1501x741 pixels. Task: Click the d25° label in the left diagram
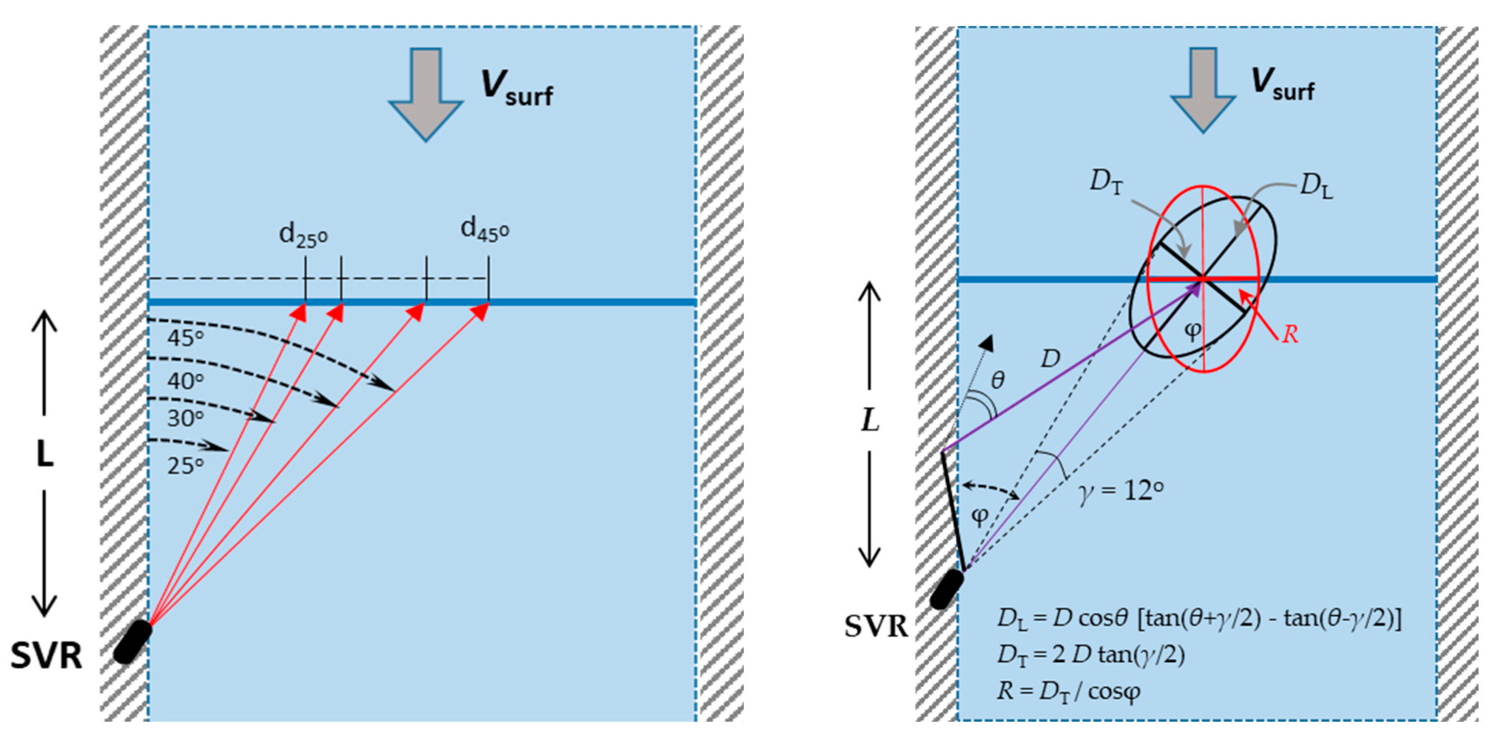(x=303, y=235)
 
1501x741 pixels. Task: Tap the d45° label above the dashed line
(x=485, y=229)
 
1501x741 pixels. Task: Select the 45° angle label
(x=185, y=338)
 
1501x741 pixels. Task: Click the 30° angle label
(x=185, y=418)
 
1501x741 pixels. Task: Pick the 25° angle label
(x=185, y=465)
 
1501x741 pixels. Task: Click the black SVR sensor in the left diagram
(x=132, y=641)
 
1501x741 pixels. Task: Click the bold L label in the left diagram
(x=45, y=454)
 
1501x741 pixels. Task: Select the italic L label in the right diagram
(x=870, y=420)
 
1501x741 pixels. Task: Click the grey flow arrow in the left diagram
(x=426, y=93)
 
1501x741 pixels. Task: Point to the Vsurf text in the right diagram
(x=1283, y=85)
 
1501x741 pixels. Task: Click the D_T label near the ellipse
(x=1106, y=182)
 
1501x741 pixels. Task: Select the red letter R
(x=1290, y=334)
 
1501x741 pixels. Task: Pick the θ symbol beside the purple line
(x=998, y=380)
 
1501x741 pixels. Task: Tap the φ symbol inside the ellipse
(x=1193, y=331)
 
